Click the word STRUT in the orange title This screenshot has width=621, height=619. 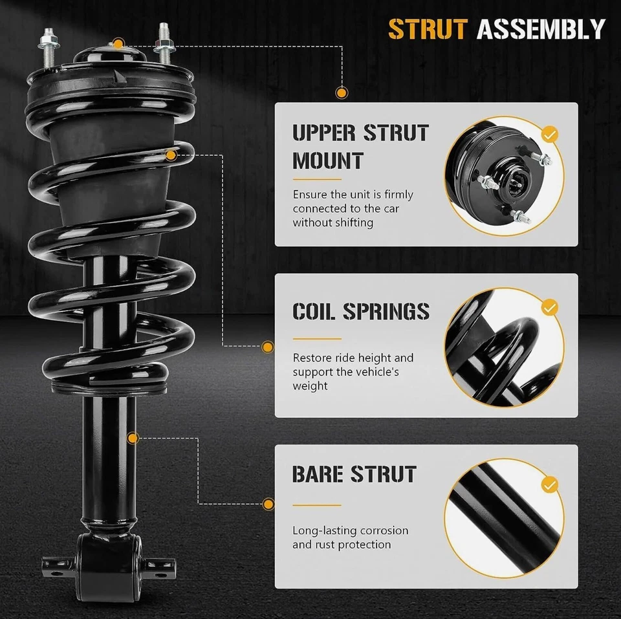coord(427,29)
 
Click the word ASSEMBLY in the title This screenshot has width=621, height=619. coord(540,29)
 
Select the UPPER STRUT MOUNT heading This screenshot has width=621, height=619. coord(360,146)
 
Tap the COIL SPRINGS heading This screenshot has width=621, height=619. coord(360,311)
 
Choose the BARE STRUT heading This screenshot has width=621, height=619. coord(354,474)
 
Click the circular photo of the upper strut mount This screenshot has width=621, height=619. coord(501,175)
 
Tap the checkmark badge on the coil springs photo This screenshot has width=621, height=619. coord(549,307)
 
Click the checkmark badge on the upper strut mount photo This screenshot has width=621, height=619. coord(549,135)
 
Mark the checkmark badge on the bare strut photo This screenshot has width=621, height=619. coord(549,484)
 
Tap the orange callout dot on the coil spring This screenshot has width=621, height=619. coord(171,155)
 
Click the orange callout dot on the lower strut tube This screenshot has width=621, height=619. coord(133,439)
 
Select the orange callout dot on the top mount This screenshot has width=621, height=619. coord(118,44)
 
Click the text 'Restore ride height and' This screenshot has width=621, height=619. coord(353,358)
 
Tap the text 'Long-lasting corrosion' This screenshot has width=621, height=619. coord(350,530)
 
